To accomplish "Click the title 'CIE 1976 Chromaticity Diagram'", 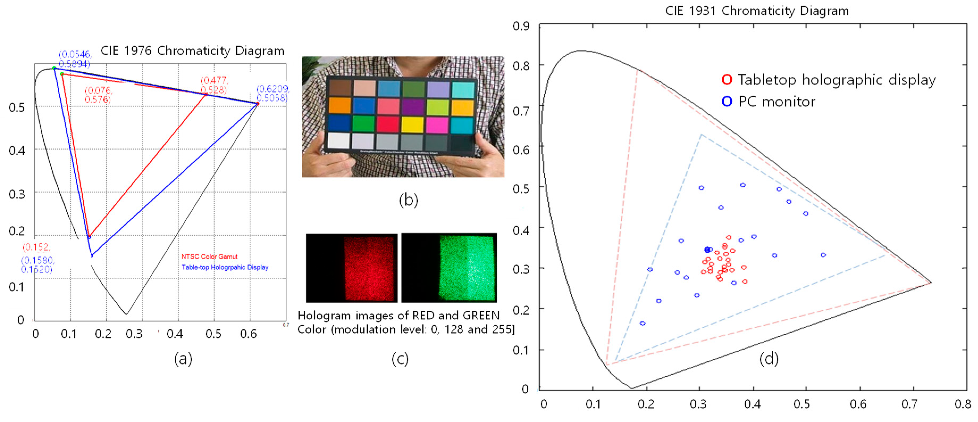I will click(x=192, y=51).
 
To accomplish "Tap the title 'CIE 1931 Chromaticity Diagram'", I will click(x=757, y=11).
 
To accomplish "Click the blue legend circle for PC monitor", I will click(x=727, y=101).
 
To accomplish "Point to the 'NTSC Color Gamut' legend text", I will click(x=209, y=256).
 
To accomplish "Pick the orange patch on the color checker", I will click(x=339, y=106).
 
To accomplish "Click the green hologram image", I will click(x=449, y=268).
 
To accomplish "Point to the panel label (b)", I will click(x=408, y=200).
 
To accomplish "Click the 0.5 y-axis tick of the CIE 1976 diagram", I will click(x=17, y=107).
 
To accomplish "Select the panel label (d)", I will click(x=769, y=358).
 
